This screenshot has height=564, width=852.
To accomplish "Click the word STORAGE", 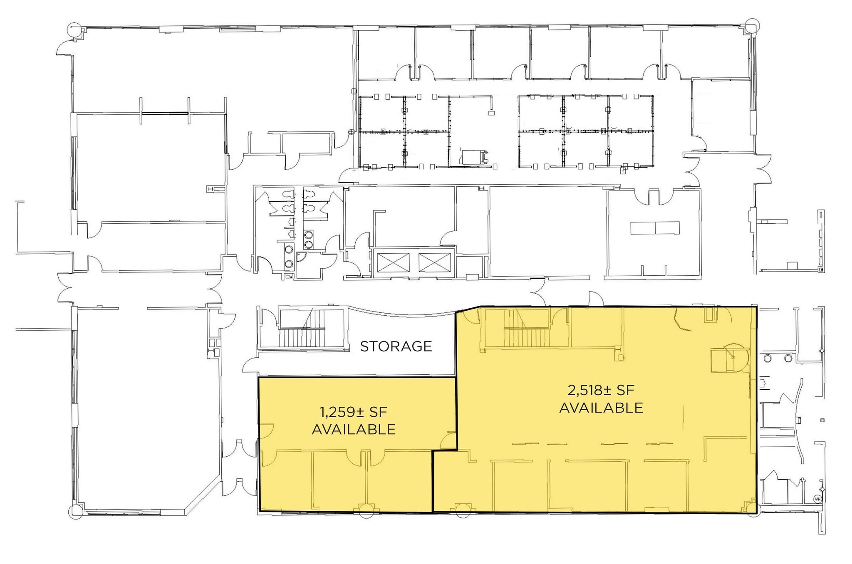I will [396, 346].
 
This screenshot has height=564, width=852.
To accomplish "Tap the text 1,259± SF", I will [353, 412].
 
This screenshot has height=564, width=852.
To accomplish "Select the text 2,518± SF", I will [601, 390].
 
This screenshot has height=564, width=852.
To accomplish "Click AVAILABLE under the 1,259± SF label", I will [353, 429].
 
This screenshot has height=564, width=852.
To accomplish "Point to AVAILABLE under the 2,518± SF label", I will [601, 408].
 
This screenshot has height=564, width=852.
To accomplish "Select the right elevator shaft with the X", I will [434, 263].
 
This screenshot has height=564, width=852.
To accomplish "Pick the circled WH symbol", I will [817, 499].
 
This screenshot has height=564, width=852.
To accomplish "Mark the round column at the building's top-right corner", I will [752, 25].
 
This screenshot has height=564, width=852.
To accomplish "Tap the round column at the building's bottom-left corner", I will [76, 512].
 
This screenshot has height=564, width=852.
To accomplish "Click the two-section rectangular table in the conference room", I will [655, 228].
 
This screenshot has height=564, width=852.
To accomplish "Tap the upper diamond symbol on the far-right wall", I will [821, 351].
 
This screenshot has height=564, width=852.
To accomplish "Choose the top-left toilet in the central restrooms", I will [287, 194].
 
